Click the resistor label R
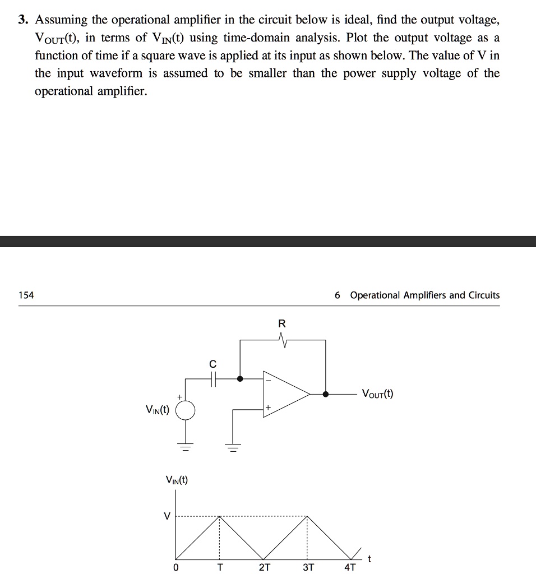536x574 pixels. tap(281, 323)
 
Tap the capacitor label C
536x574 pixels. tap(212, 364)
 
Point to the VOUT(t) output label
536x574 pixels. tap(377, 394)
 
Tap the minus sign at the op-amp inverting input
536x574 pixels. tap(267, 381)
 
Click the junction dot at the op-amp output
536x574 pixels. tap(326, 394)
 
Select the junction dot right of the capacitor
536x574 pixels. tap(240, 378)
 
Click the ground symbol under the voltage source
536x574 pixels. tap(186, 447)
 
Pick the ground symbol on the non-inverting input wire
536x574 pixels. tap(233, 447)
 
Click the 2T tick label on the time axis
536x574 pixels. tap(264, 567)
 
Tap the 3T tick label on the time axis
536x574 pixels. tap(308, 567)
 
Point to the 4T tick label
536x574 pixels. tap(350, 567)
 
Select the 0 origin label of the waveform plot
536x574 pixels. tap(176, 567)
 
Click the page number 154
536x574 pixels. tap(26, 295)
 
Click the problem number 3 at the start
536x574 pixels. tap(23, 21)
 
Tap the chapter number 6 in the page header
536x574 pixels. tap(337, 295)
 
